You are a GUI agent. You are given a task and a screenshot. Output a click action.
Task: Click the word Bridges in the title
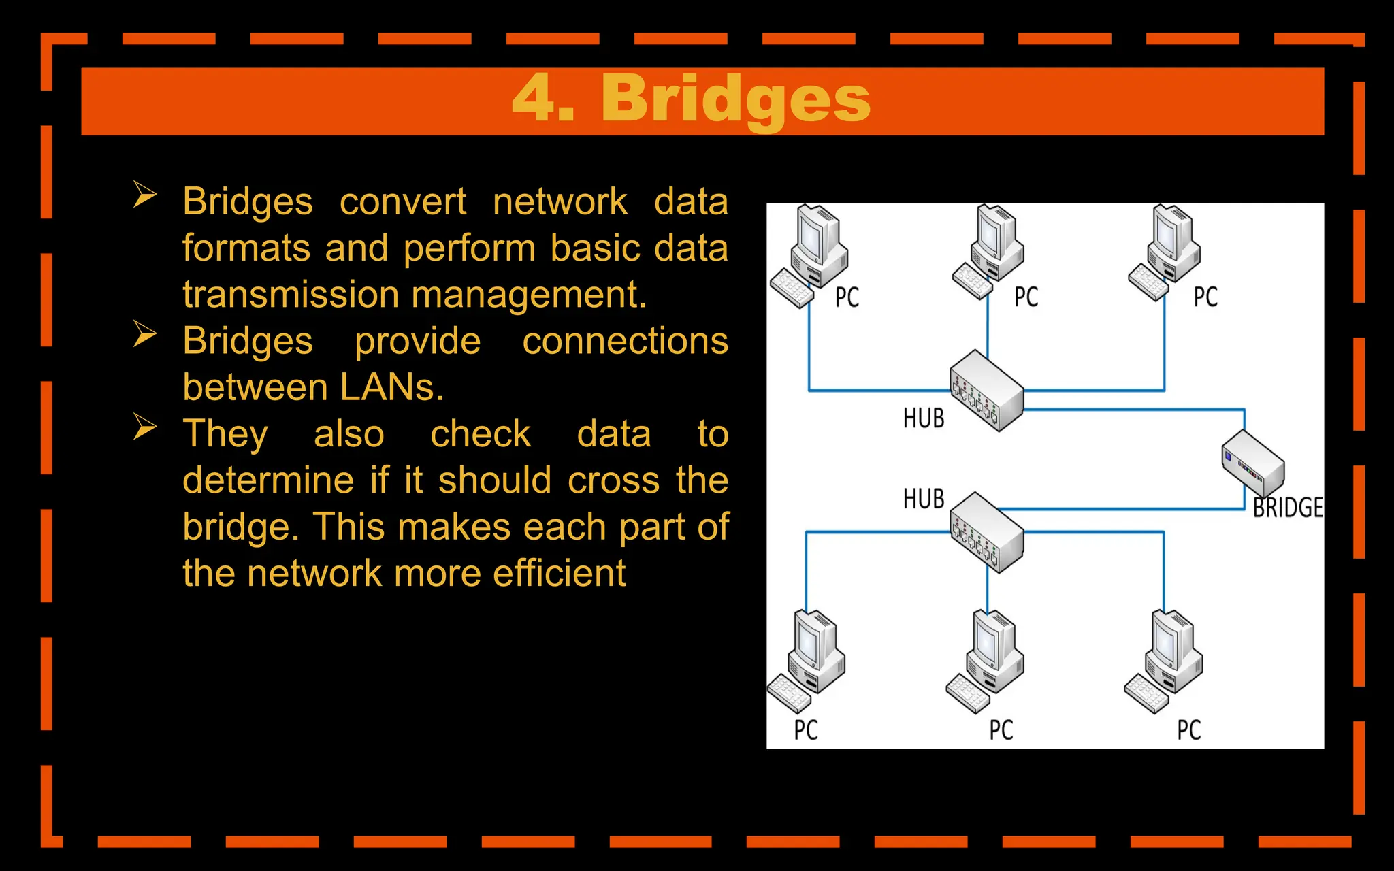click(x=735, y=100)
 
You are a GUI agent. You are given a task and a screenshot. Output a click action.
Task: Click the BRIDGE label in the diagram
click(x=1288, y=508)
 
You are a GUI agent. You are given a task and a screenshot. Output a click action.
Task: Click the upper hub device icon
click(x=986, y=391)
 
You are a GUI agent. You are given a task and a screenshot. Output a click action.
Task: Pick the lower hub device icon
click(x=986, y=532)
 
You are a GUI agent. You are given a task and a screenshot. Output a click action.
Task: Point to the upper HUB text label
click(x=924, y=418)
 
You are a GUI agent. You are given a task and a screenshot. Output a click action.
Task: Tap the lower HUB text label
click(x=924, y=499)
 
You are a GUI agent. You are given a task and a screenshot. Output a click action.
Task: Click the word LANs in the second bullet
click(x=391, y=388)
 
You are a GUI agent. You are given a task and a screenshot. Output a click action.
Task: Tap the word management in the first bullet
click(x=528, y=295)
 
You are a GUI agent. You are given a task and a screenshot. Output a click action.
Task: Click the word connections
click(x=625, y=341)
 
